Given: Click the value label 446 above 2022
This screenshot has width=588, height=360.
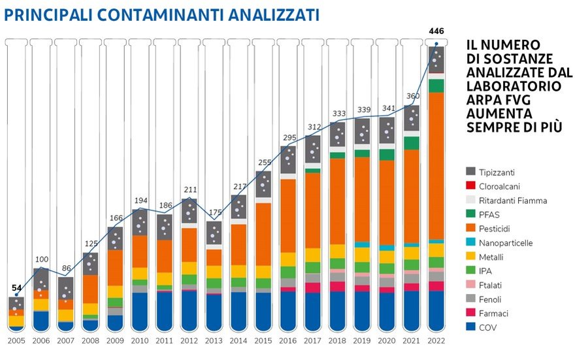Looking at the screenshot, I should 436,31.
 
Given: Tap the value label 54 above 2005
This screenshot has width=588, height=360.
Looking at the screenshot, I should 16,287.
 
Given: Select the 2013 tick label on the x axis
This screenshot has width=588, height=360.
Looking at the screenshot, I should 214,340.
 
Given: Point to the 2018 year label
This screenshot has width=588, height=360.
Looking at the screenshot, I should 338,340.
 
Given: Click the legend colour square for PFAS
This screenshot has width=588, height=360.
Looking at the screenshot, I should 470,215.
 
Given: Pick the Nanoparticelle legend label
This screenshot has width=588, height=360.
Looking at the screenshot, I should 506,243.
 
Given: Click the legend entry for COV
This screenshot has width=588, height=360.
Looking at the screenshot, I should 488,327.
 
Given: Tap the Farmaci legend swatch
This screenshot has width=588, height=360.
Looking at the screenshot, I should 470,314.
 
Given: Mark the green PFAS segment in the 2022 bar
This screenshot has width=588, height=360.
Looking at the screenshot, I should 436,86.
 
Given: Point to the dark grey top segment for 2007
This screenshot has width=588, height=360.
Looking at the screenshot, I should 65,287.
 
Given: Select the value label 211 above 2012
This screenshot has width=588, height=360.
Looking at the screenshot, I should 189,191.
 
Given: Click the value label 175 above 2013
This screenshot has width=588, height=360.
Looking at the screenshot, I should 214,212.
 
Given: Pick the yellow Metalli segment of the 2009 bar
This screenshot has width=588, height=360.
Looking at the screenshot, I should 115,291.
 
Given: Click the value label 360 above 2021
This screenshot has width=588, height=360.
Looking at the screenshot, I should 412,96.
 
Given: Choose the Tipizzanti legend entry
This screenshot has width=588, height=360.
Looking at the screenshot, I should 497,172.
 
